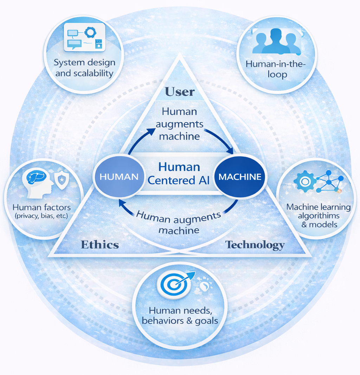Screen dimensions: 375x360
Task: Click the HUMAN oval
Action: click(x=119, y=177)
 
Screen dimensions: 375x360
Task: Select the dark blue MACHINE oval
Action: click(x=240, y=176)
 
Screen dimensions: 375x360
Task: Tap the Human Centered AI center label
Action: click(x=179, y=173)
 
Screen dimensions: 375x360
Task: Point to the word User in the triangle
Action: click(x=180, y=92)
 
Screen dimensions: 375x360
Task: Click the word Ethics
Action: click(x=100, y=244)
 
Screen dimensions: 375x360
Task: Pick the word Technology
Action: click(x=255, y=244)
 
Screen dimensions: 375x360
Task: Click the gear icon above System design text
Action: click(x=90, y=32)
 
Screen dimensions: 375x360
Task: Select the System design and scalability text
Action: click(x=84, y=68)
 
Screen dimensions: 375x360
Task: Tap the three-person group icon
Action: click(x=276, y=41)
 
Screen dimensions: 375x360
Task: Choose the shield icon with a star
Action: click(x=62, y=180)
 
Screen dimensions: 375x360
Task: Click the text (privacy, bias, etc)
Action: click(x=41, y=216)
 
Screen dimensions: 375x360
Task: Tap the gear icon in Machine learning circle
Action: click(x=304, y=181)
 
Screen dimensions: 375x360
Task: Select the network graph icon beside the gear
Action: click(x=329, y=182)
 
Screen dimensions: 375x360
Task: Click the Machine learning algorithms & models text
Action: click(x=319, y=215)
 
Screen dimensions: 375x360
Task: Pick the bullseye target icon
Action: click(x=174, y=284)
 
